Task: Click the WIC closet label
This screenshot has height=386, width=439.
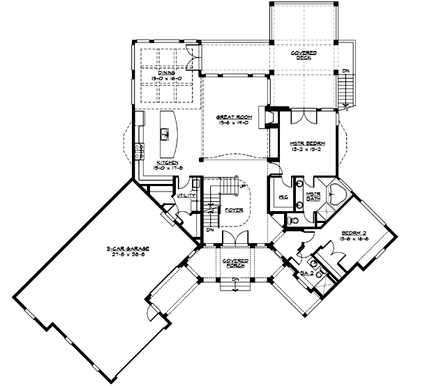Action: [283, 197]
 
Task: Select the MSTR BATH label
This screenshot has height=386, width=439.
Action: [313, 196]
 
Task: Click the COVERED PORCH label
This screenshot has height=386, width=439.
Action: [232, 264]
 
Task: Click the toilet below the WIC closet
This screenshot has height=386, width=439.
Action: [294, 220]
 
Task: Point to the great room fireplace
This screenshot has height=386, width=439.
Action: [263, 118]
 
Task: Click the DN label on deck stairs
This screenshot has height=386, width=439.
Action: [346, 71]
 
